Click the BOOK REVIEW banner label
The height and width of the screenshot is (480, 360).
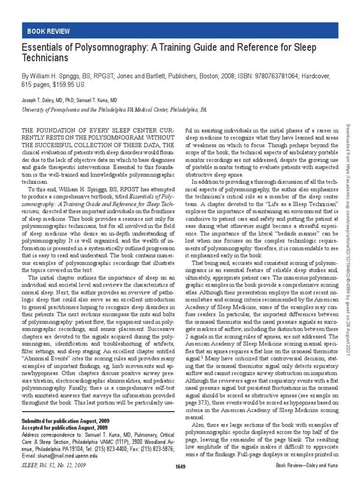(x=49, y=31)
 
